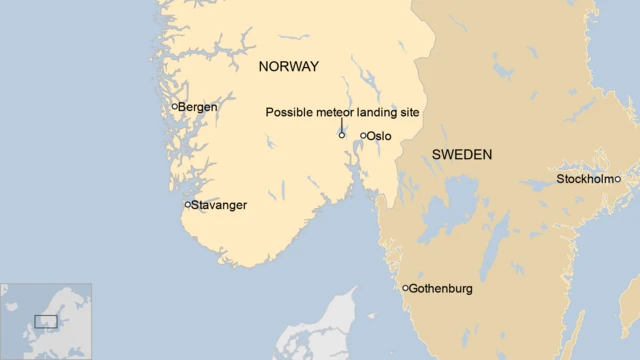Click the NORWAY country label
coord(288,67)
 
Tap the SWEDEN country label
coord(461,154)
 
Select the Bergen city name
coord(198,107)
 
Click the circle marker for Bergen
coord(174,106)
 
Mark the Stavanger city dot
coord(187,204)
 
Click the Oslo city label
coord(379,136)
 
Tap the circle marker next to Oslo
coord(363,135)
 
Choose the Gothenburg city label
coord(441,289)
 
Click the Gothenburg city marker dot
coord(405,288)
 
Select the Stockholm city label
coord(584,180)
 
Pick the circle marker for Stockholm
coord(617,179)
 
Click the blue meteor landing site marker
coord(342,135)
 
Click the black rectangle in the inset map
coord(46,321)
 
